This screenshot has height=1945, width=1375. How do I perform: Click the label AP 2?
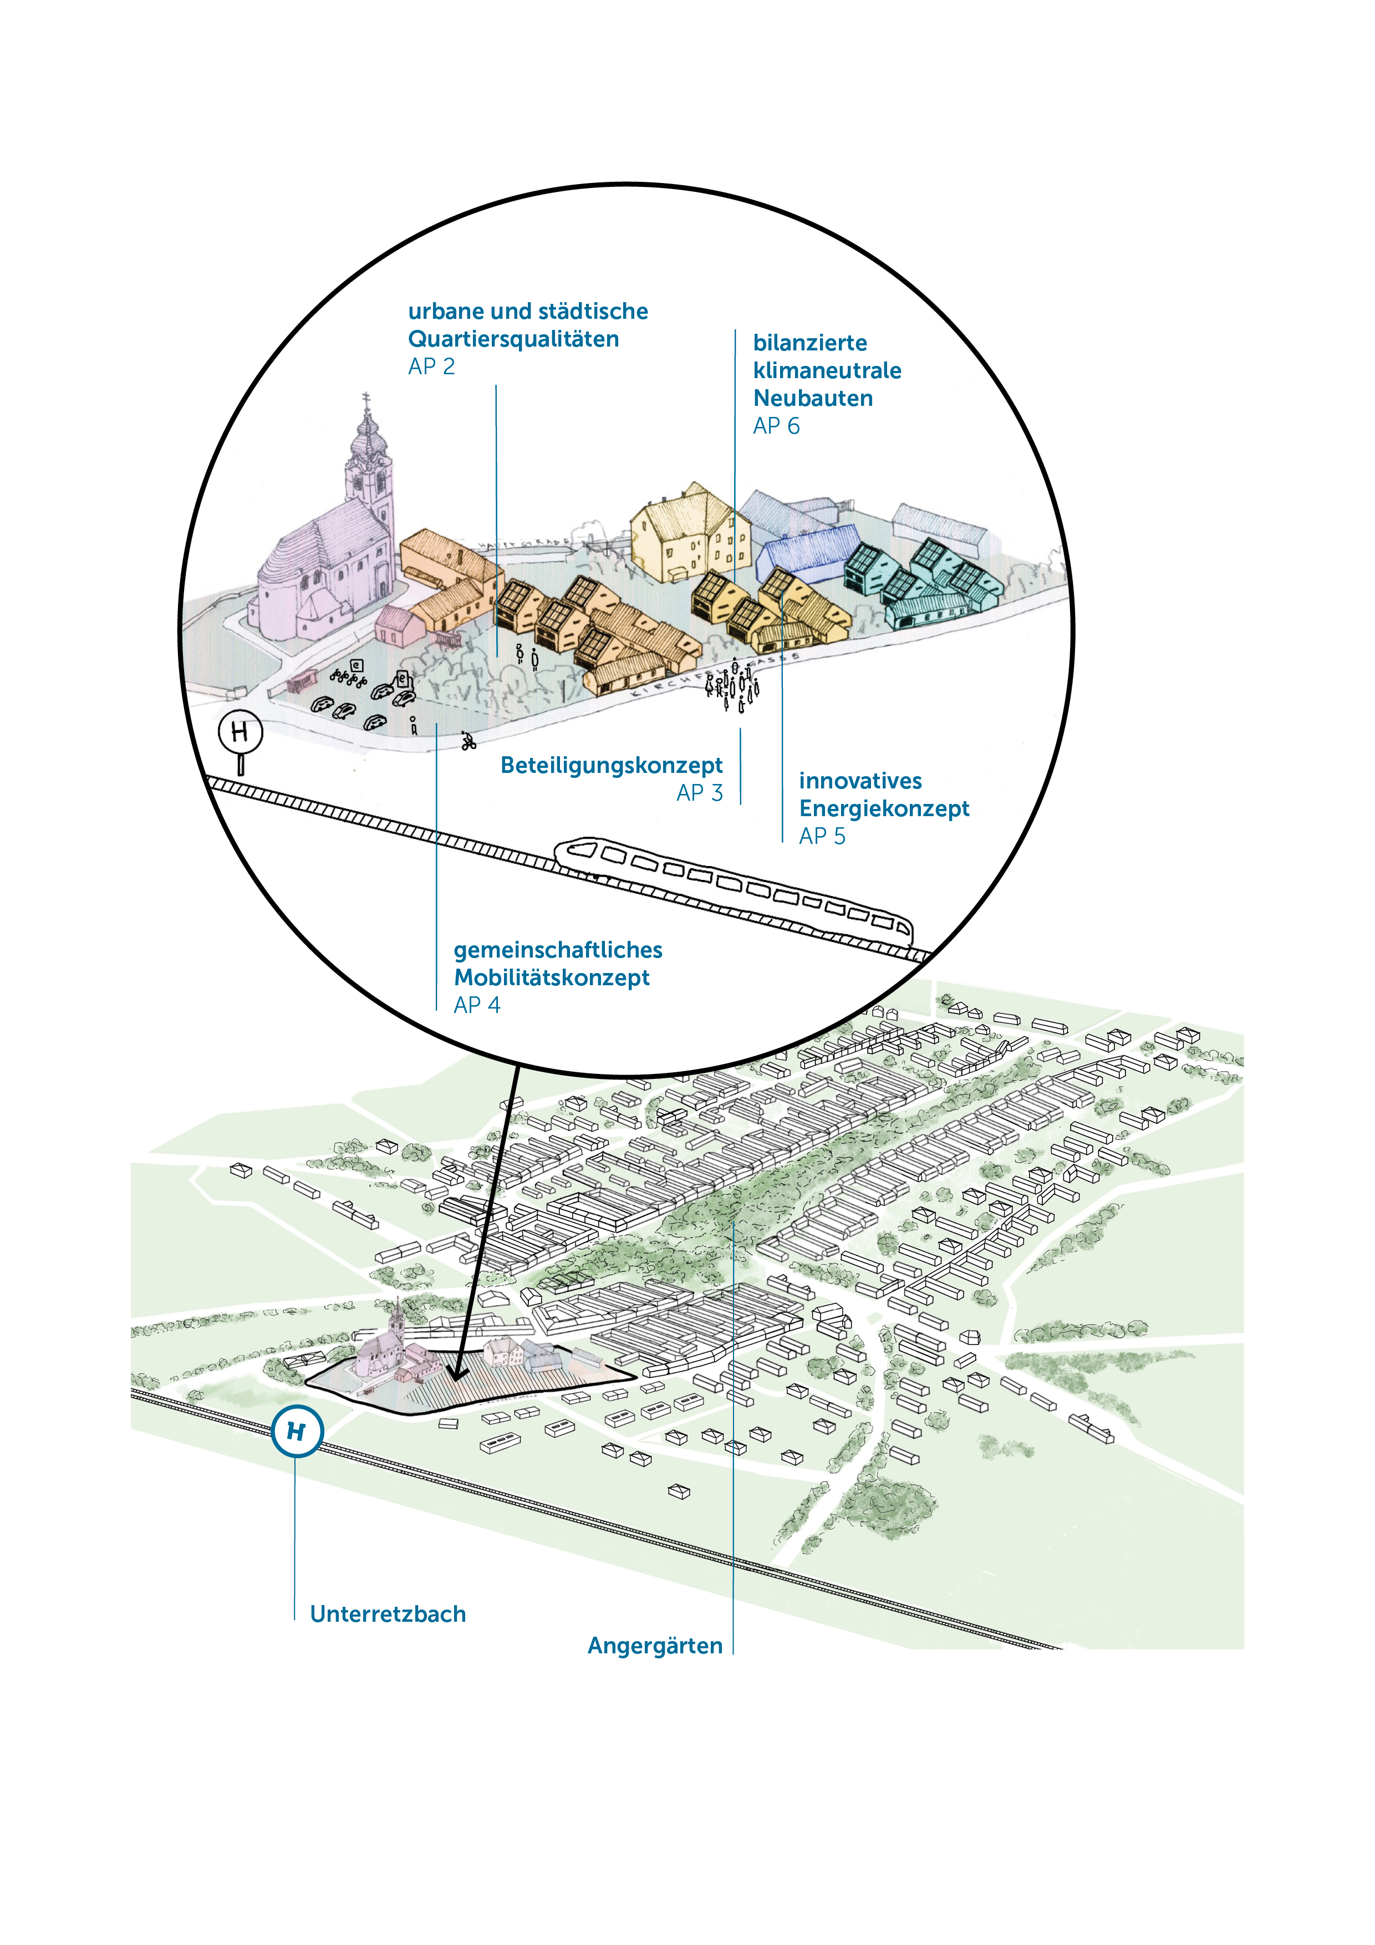431,367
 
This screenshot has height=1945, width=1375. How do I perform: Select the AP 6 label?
776,426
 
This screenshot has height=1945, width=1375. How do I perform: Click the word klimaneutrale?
827,371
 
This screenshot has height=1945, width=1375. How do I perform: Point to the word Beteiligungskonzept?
611,766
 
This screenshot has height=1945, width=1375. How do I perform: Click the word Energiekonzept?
884,809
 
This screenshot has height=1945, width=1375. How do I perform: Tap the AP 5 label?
822,837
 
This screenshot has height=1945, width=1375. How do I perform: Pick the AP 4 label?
477,1006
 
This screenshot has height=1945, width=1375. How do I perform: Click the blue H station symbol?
297,1432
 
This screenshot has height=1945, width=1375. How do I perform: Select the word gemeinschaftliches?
557,950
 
